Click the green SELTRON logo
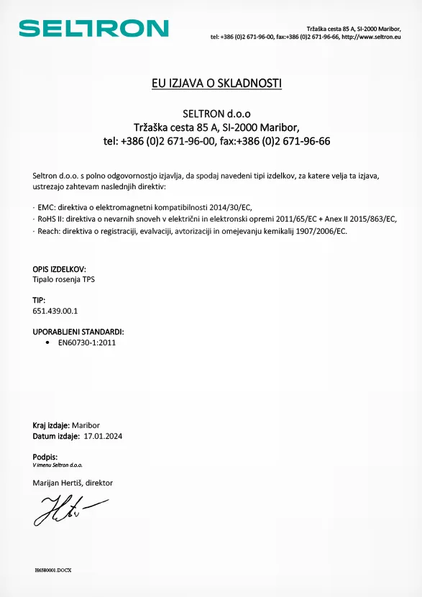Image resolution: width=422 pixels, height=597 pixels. (93, 28)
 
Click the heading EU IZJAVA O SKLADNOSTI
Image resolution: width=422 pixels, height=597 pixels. (216, 83)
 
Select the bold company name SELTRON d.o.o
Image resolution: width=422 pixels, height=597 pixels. (216, 114)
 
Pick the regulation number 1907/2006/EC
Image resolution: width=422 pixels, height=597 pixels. (317, 231)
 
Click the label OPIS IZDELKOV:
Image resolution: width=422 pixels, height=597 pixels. (64, 269)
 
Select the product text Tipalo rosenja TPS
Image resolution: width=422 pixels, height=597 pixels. (64, 278)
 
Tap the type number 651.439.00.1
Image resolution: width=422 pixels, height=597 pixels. (55, 311)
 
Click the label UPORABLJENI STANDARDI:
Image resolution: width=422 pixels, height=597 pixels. (78, 332)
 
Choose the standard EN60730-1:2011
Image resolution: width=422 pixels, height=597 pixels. (87, 343)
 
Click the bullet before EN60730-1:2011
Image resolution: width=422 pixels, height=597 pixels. (47, 343)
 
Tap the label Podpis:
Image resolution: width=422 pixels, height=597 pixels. (45, 457)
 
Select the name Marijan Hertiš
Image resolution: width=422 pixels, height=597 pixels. (57, 483)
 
